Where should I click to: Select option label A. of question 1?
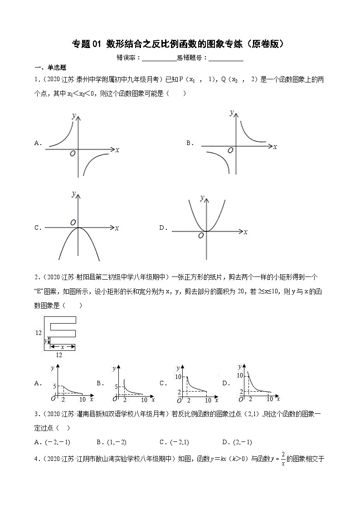[38, 143]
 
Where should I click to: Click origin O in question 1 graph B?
[230, 150]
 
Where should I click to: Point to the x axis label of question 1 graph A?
[117, 150]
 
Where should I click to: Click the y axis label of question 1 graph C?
[74, 194]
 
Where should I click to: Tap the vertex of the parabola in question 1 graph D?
[207, 231]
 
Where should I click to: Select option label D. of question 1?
[164, 228]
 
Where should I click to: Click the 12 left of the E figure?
[39, 333]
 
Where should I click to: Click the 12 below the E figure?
[58, 354]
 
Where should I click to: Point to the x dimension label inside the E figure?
[62, 347]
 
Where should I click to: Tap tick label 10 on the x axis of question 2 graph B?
[144, 400]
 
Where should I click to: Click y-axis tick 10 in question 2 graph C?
[179, 377]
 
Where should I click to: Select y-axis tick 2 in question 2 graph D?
[241, 391]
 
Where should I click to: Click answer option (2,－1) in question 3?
[243, 442]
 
